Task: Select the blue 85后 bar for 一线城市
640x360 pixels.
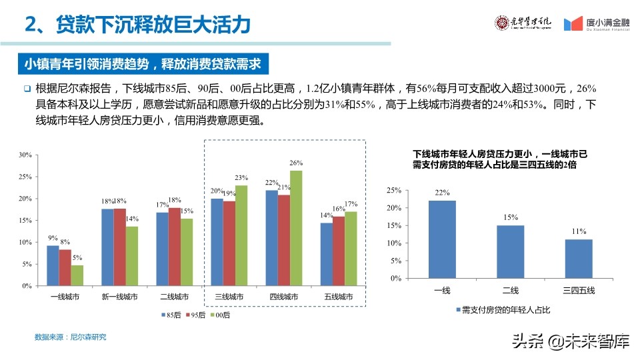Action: point(53,265)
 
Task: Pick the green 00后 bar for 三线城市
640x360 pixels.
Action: point(241,235)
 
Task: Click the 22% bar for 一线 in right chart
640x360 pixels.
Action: point(442,239)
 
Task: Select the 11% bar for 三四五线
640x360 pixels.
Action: point(579,259)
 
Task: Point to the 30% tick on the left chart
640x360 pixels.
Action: point(25,155)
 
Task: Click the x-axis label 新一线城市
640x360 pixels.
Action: point(120,297)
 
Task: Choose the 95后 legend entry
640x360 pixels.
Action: point(195,314)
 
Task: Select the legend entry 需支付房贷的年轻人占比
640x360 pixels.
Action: point(507,310)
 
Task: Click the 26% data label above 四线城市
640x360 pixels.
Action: point(296,163)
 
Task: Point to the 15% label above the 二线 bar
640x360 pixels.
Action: point(511,217)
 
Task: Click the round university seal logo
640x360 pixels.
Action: point(501,23)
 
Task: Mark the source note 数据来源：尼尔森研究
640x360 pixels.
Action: point(70,337)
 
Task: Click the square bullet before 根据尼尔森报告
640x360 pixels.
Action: point(27,89)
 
